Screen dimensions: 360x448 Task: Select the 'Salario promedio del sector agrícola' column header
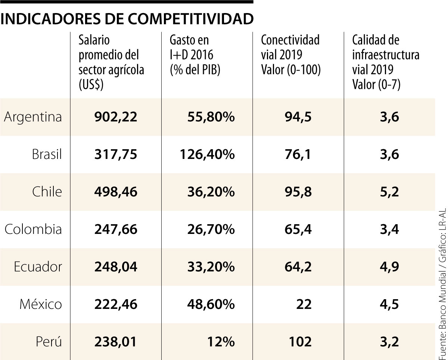click(x=111, y=62)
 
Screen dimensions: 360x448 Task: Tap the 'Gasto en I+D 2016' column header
click(x=195, y=55)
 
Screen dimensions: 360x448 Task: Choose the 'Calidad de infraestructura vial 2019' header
click(x=386, y=62)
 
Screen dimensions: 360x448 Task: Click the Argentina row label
click(x=33, y=117)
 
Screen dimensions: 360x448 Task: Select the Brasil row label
click(x=47, y=154)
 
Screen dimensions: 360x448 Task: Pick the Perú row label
click(x=49, y=342)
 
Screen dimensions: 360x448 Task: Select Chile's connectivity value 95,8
click(x=298, y=192)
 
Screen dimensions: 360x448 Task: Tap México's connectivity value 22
click(x=304, y=304)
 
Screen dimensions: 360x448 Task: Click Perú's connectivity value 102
click(x=300, y=342)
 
